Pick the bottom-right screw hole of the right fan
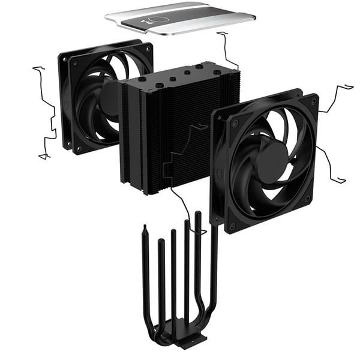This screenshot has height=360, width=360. tap(307, 198)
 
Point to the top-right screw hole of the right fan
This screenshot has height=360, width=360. tap(313, 103)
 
